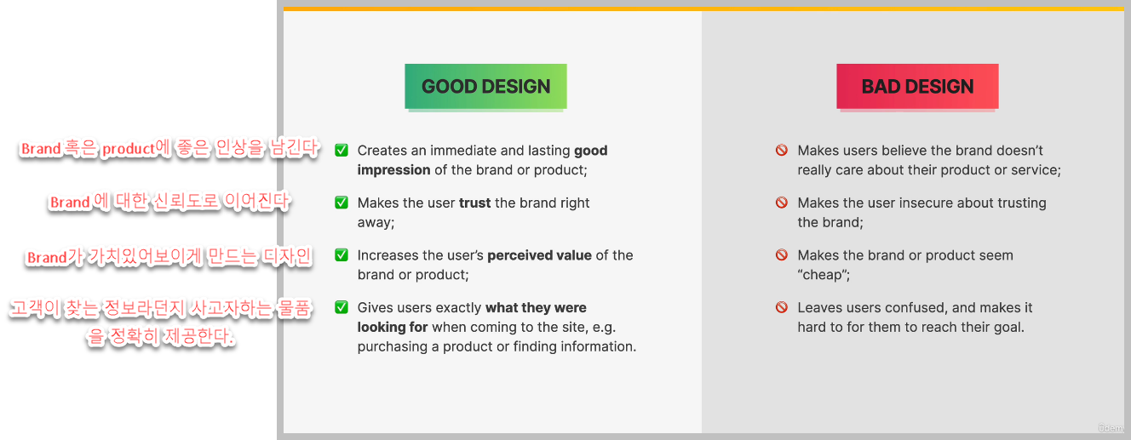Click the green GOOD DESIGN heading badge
tap(485, 86)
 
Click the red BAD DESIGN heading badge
tap(917, 86)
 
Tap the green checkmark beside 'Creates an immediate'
tap(342, 151)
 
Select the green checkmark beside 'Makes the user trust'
tap(342, 203)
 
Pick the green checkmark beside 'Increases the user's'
tap(342, 255)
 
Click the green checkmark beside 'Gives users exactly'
tap(342, 307)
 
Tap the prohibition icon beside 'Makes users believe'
tap(781, 151)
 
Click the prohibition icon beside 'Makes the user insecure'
tap(781, 203)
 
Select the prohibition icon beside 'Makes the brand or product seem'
tap(781, 255)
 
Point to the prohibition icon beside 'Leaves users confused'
tap(781, 307)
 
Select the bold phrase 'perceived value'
tap(539, 255)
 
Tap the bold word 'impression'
tap(393, 170)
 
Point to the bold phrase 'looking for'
tap(393, 327)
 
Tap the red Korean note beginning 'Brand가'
tap(169, 257)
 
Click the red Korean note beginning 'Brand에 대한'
tap(169, 202)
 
